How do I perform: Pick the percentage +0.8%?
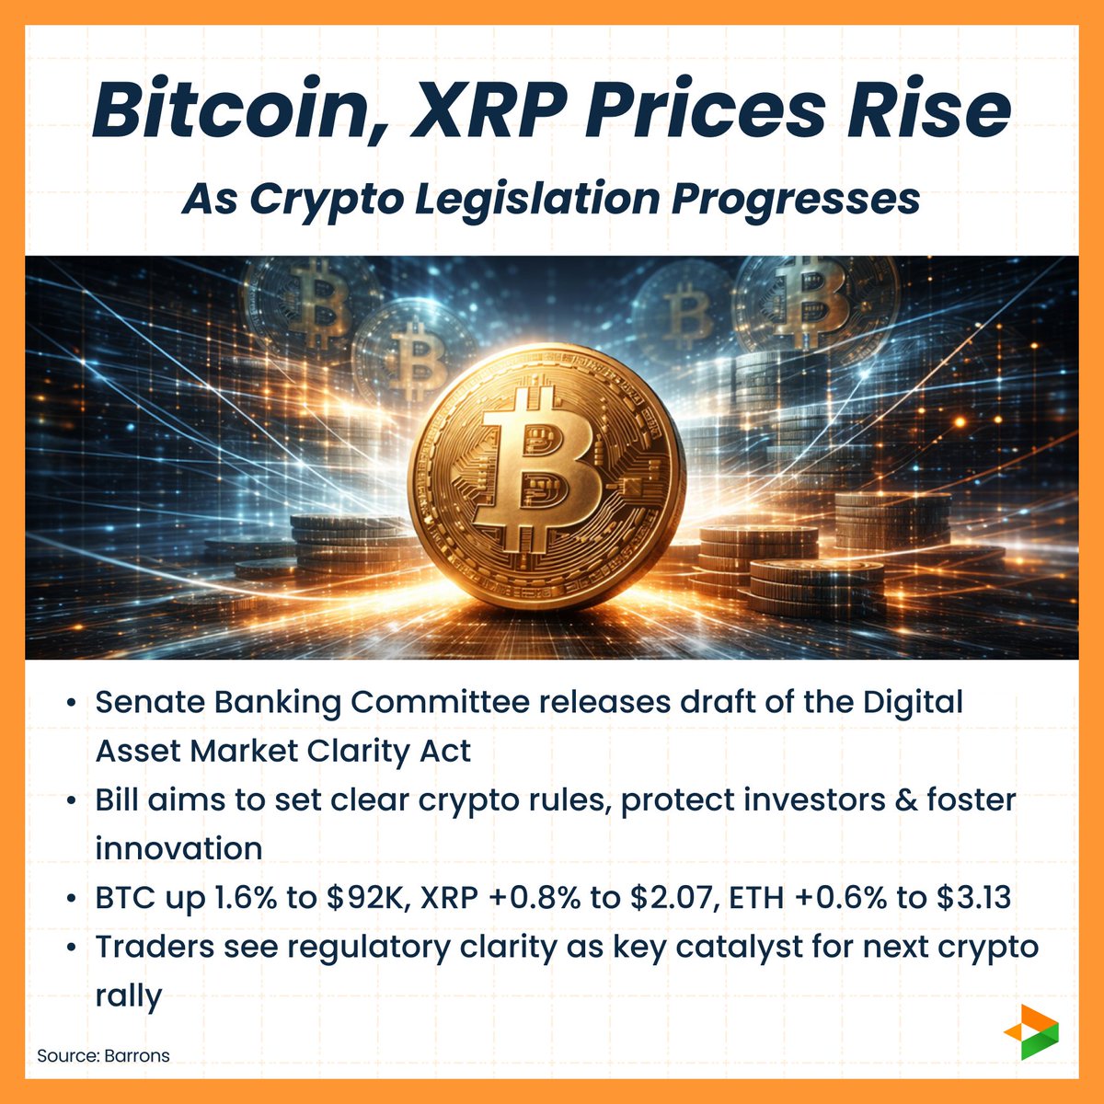(x=541, y=898)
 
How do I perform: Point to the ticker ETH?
(x=751, y=898)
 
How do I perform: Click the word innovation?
(x=178, y=848)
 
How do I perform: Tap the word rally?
(x=129, y=995)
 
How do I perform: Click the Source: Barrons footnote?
(x=103, y=1055)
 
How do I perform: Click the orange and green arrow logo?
(x=1030, y=1031)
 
